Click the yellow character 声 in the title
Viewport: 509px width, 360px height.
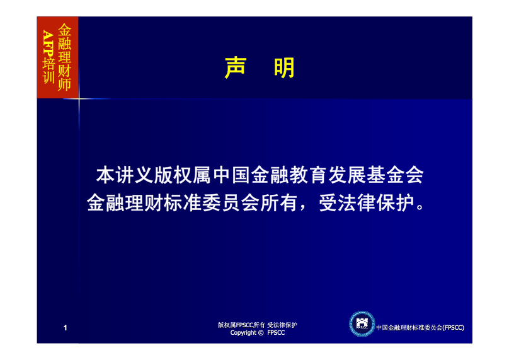(x=236, y=67)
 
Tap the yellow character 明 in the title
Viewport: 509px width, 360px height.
(x=284, y=67)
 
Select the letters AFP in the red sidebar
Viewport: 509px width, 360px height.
(x=49, y=44)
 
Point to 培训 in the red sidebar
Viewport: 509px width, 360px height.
(x=49, y=71)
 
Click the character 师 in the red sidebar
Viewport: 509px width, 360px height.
(x=64, y=84)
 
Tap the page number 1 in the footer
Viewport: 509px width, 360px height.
(x=66, y=328)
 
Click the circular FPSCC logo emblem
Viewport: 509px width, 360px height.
(x=362, y=323)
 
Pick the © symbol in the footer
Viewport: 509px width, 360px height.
(x=261, y=333)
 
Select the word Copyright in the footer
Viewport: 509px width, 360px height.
(x=243, y=333)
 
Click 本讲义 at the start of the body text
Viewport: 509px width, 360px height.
(x=125, y=175)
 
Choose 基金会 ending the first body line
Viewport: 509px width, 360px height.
(x=395, y=175)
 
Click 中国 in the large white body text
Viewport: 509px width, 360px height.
(x=231, y=175)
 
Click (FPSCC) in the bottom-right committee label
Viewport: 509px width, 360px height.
(x=453, y=327)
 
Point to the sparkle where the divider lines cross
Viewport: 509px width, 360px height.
(x=79, y=98)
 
